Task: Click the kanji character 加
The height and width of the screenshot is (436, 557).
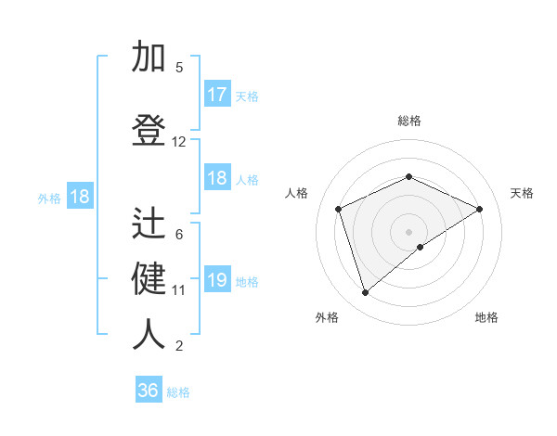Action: tap(149, 58)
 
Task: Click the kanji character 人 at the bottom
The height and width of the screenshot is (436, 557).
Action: tap(149, 335)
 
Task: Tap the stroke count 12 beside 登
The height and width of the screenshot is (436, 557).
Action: tap(179, 142)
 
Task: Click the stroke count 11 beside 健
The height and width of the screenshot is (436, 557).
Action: tap(179, 289)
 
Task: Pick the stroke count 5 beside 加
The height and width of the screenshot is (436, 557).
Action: tap(179, 67)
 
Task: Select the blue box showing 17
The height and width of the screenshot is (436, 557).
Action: tap(217, 95)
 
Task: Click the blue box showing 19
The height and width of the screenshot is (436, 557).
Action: tap(217, 280)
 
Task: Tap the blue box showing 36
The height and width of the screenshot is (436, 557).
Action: tap(149, 391)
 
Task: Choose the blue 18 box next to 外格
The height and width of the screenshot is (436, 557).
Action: tap(79, 197)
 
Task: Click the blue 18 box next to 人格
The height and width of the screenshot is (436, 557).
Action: tap(217, 178)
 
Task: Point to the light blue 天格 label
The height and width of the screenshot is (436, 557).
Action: tap(247, 96)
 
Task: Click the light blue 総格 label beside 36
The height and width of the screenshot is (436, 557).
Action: tap(178, 392)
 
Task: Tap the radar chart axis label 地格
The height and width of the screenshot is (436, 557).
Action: tap(486, 317)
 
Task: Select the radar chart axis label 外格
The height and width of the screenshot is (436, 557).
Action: tap(327, 317)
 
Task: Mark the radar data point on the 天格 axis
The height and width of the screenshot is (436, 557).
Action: tap(479, 209)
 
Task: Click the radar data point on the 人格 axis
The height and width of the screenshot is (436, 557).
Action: tap(339, 209)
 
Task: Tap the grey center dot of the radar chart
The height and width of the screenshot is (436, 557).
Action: tap(409, 231)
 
